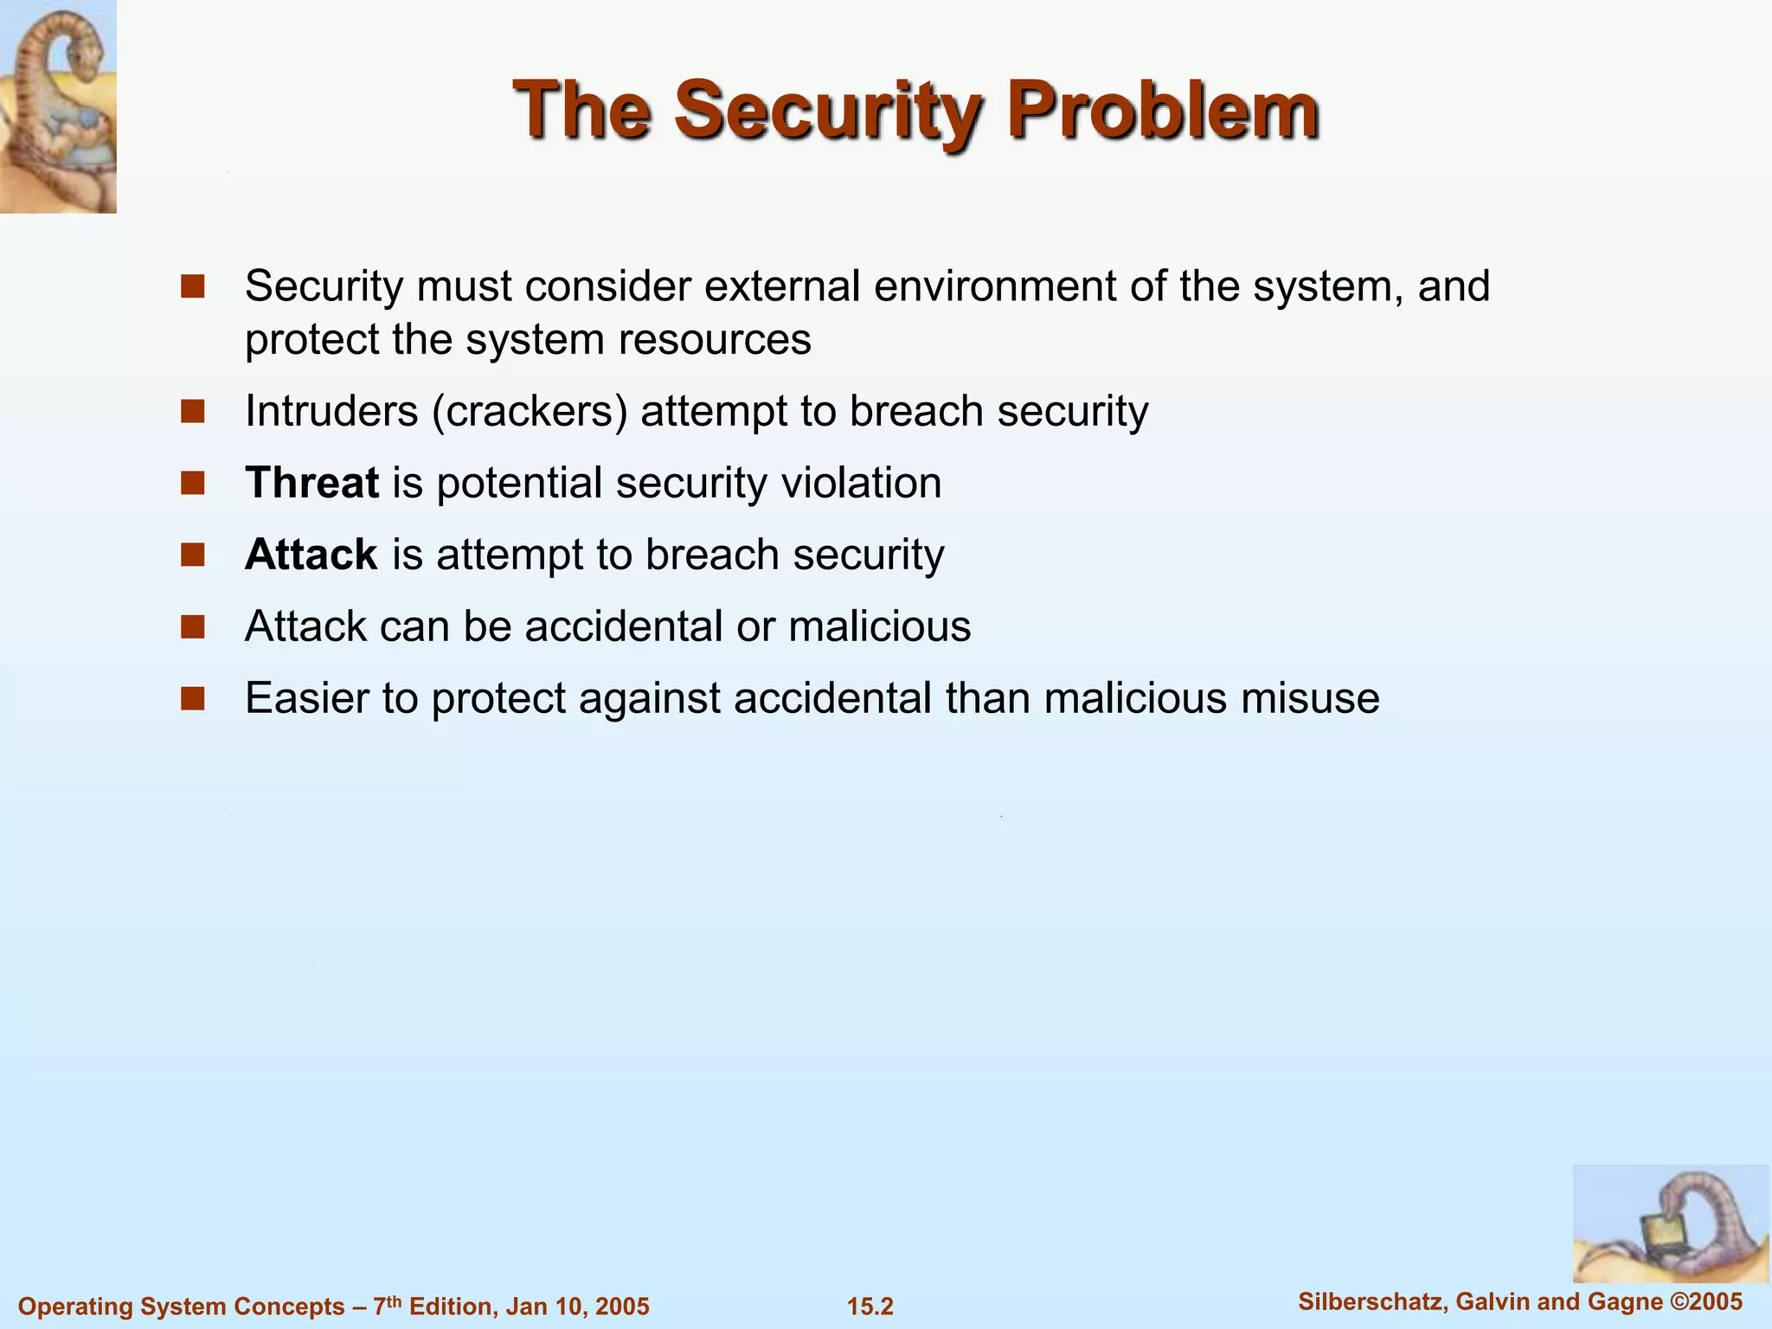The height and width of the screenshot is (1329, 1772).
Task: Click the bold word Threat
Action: [x=311, y=483]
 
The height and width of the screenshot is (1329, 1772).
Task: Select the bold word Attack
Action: [x=311, y=555]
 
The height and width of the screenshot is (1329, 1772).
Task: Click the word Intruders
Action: [x=331, y=411]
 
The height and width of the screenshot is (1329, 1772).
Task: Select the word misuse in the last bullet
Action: [x=1310, y=698]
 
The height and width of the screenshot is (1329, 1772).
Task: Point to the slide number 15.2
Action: [x=870, y=1307]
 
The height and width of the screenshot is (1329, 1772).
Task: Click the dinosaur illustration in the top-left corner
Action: [x=58, y=106]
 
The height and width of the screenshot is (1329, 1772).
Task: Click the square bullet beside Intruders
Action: [x=192, y=411]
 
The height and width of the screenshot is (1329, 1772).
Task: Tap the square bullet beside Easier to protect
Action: [x=192, y=698]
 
